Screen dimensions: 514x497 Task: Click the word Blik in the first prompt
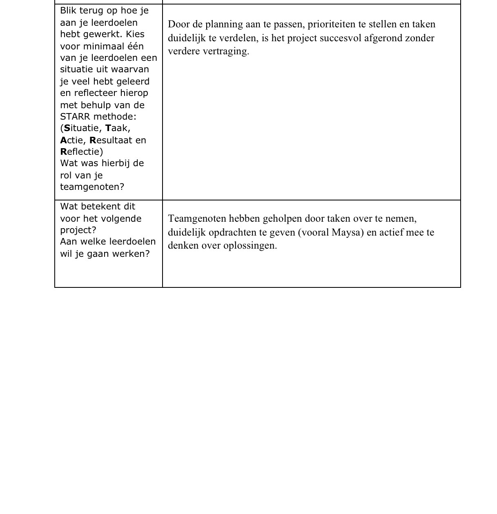[x=67, y=11]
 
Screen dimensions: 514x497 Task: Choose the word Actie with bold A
[x=72, y=140]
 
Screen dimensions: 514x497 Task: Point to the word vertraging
[x=225, y=51]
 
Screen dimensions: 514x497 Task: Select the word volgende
[x=121, y=219]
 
